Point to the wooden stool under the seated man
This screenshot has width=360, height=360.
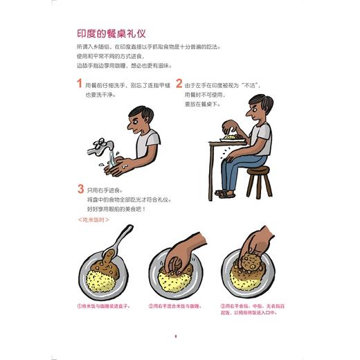(x=258, y=181)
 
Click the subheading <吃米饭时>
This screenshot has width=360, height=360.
(x=93, y=221)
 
